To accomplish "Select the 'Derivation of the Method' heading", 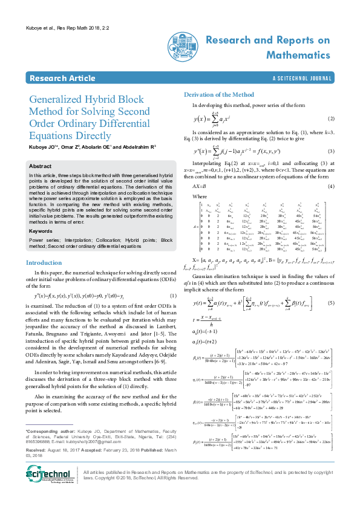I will tap(218, 95).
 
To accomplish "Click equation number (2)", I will tap(331, 119).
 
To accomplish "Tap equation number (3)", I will tap(331, 151).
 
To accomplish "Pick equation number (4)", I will tap(331, 186).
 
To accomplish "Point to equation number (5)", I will tap(331, 302).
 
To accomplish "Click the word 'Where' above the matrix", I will tap(200, 196).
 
